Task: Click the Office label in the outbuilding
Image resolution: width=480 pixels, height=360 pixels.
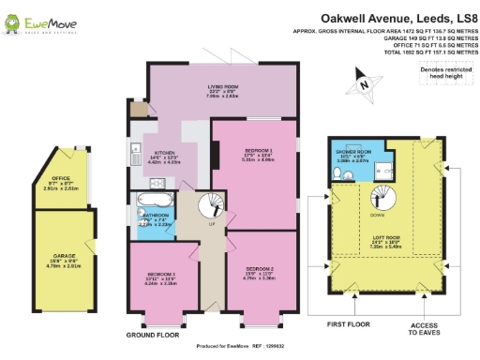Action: click(x=62, y=182)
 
